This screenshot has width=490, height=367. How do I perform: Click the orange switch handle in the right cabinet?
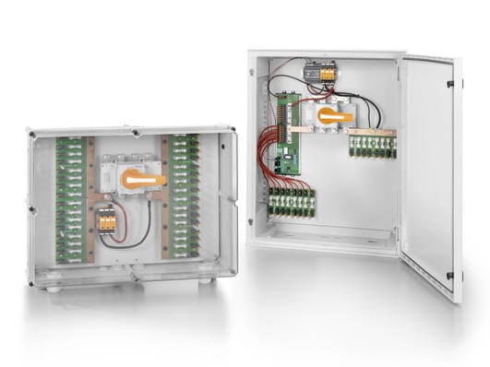[335, 116]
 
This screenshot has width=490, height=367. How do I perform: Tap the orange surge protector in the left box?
[107, 220]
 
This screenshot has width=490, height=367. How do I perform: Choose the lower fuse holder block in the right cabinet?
[291, 203]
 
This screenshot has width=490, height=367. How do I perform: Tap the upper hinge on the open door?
[450, 84]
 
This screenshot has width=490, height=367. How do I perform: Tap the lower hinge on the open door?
[449, 275]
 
